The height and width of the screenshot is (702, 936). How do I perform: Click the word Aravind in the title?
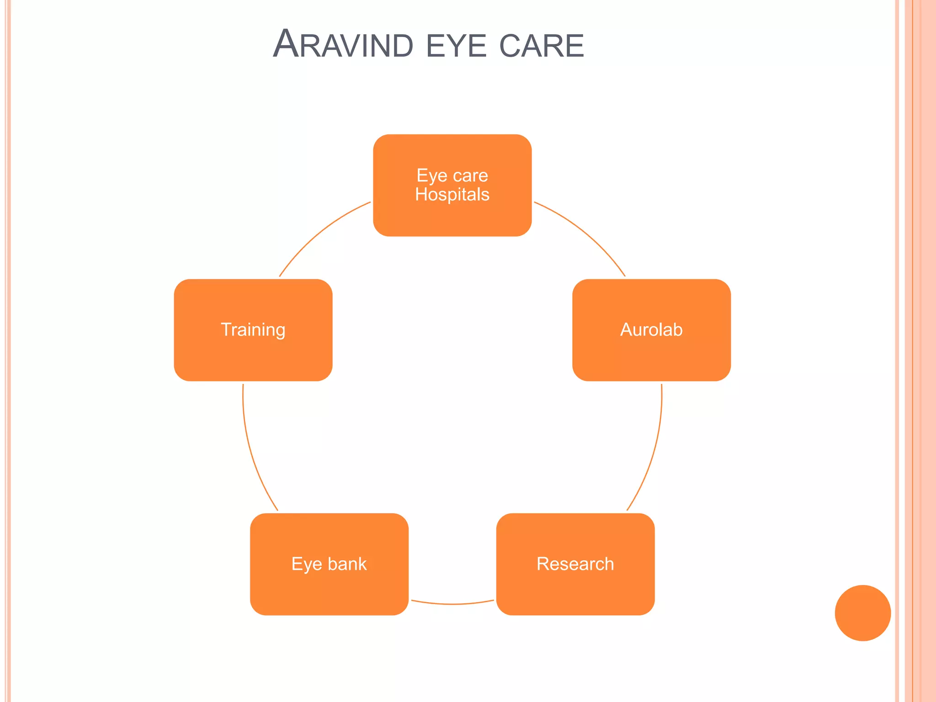343,45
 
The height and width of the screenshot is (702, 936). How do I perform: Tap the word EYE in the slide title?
456,46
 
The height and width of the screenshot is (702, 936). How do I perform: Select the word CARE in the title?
542,46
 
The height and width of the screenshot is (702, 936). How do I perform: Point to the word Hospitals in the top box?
452,195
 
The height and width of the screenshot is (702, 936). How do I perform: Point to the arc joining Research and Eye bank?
452,604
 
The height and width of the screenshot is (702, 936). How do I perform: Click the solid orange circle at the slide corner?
862,613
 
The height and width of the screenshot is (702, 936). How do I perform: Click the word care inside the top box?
470,175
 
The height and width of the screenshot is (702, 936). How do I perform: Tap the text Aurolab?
651,330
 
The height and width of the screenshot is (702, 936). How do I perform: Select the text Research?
575,564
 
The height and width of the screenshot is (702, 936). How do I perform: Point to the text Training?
253,330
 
